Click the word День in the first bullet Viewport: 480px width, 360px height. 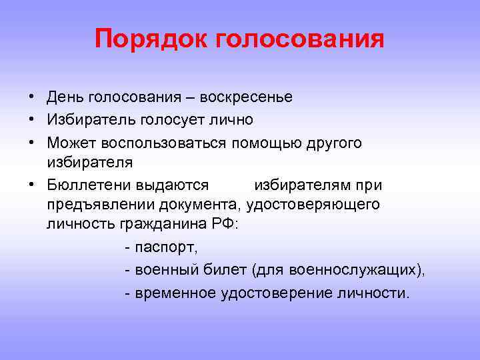[65, 97]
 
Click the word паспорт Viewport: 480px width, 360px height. [165, 248]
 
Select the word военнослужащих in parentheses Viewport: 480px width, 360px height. [345, 271]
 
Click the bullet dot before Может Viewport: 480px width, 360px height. [32, 143]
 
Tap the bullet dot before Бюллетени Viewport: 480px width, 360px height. [32, 184]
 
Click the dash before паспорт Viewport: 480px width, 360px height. [127, 248]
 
